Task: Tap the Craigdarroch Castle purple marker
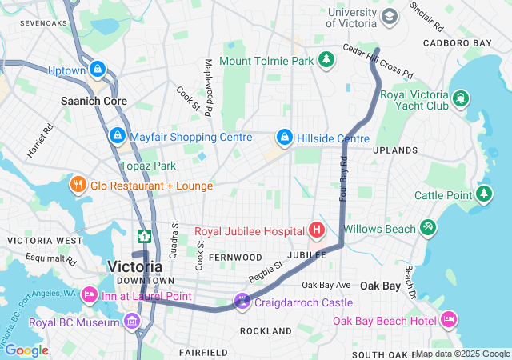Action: point(242,302)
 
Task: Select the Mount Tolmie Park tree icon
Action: point(326,60)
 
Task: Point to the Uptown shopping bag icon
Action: point(98,70)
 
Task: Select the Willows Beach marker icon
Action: point(429,229)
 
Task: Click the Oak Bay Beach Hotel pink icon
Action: point(449,320)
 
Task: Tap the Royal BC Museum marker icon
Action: point(132,323)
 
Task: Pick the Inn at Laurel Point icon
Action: point(89,296)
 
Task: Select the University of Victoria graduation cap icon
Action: point(389,16)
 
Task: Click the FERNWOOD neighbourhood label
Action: point(235,258)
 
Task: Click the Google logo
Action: point(26,350)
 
